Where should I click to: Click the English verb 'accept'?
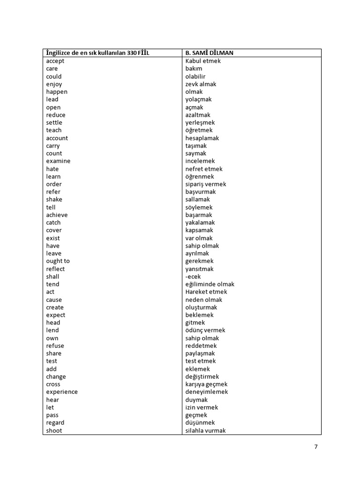pyautogui.click(x=55, y=61)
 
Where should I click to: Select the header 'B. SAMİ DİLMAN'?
pyautogui.click(x=209, y=53)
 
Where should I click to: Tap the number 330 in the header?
pyautogui.click(x=132, y=53)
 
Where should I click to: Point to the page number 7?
pyautogui.click(x=316, y=447)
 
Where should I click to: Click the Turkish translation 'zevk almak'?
pyautogui.click(x=201, y=84)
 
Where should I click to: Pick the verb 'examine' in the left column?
pyautogui.click(x=58, y=161)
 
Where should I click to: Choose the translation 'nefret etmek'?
pyautogui.click(x=204, y=169)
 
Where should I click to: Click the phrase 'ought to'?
pyautogui.click(x=58, y=261)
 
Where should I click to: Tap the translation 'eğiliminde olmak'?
pyautogui.click(x=210, y=284)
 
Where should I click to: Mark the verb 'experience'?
pyautogui.click(x=62, y=392)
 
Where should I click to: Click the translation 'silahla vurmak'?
pyautogui.click(x=205, y=430)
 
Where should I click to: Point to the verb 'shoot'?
pyautogui.click(x=54, y=430)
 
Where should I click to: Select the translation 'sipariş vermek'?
pyautogui.click(x=205, y=184)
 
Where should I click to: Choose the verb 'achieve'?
pyautogui.click(x=57, y=215)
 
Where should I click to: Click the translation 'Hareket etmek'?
pyautogui.click(x=206, y=292)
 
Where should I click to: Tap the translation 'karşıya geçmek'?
pyautogui.click(x=206, y=384)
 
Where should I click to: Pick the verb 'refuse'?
pyautogui.click(x=55, y=346)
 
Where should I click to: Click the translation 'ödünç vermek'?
pyautogui.click(x=205, y=330)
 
